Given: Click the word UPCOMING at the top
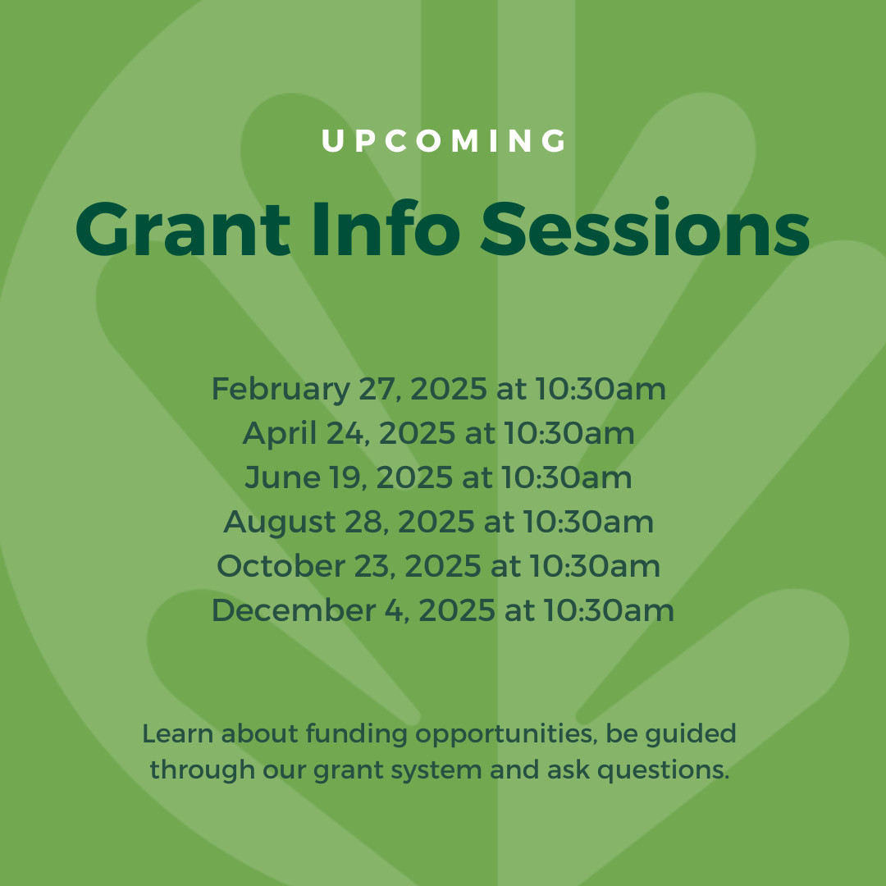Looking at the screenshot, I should click(x=444, y=141).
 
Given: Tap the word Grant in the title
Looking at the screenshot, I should click(x=182, y=229).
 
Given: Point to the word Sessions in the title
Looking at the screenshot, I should click(x=646, y=229).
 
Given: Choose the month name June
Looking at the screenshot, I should click(x=276, y=478).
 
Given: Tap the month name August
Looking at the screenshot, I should click(x=267, y=523).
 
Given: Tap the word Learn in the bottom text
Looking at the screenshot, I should click(x=171, y=733).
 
